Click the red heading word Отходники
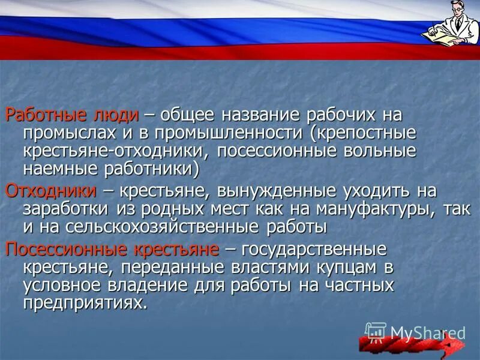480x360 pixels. [50, 191]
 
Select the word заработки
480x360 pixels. [65, 209]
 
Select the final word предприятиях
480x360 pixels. [85, 302]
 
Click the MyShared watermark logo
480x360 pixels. [415, 332]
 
